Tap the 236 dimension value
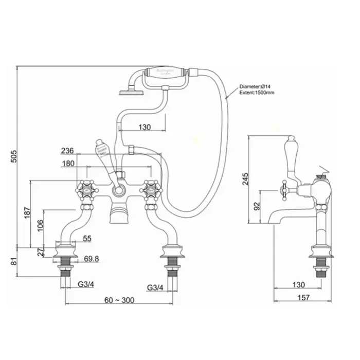tap(67, 151)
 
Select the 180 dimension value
tap(67, 164)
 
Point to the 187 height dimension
tap(27, 212)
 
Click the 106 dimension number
tap(40, 224)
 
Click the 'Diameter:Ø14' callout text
tap(257, 86)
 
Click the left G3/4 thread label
tap(85, 286)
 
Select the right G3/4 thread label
tap(156, 286)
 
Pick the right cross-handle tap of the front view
tap(151, 190)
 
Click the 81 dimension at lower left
tap(14, 262)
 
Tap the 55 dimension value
tap(87, 238)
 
